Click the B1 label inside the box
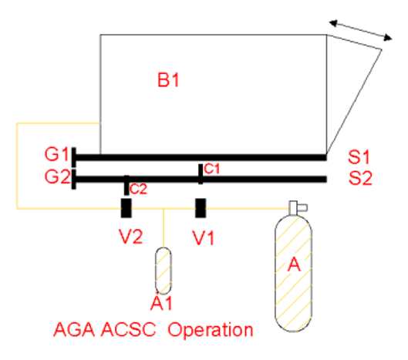point(168,79)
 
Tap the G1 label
point(57,154)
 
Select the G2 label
point(57,177)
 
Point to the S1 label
point(359,157)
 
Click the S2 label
point(360,178)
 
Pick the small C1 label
point(212,169)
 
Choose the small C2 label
point(138,190)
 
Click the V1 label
point(203,238)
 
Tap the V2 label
point(131,237)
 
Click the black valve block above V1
point(201,208)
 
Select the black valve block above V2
point(126,208)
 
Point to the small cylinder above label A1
point(164,271)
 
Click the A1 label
point(162,303)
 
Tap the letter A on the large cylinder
point(294,265)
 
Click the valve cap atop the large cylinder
point(298,207)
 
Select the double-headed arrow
point(361,30)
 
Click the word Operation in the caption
point(211,331)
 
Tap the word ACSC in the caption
point(128,330)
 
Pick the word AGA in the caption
point(74,330)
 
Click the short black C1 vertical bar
point(201,174)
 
